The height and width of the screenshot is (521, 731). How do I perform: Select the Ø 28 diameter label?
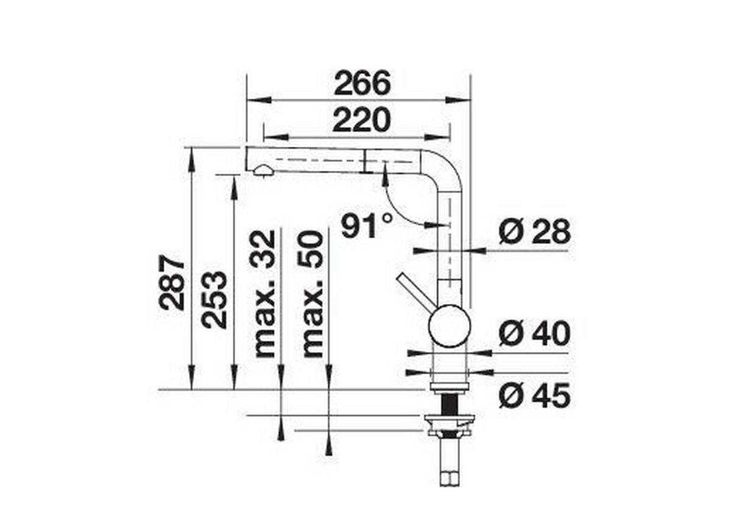(x=534, y=232)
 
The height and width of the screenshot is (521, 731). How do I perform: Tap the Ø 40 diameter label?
(x=534, y=333)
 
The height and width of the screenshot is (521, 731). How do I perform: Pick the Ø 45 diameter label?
(x=534, y=397)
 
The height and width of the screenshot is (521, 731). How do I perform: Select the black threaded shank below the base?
(x=450, y=402)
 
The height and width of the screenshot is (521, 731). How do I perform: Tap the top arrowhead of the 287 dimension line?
(x=191, y=155)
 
